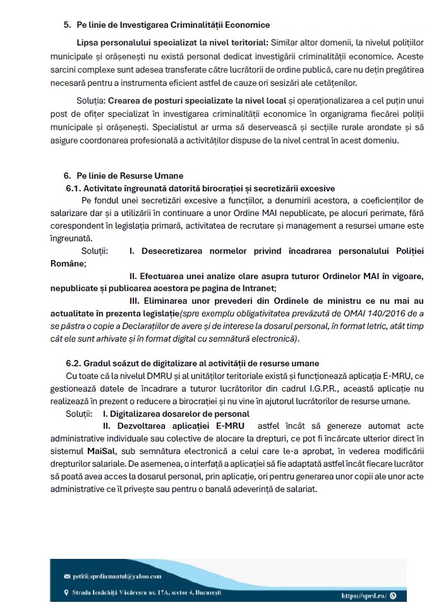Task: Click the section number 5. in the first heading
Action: click(67, 25)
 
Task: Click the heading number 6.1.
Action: click(73, 188)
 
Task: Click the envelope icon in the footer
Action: click(67, 577)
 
